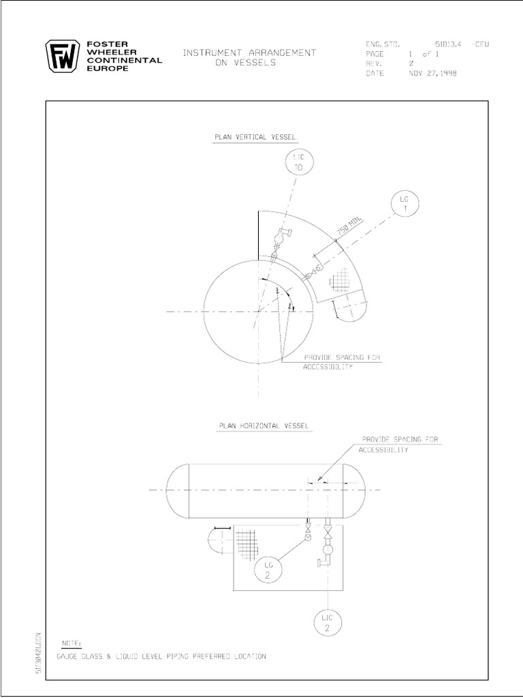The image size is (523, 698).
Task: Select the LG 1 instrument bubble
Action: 405,205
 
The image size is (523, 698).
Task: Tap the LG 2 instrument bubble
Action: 266,570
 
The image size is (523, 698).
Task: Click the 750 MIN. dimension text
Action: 351,225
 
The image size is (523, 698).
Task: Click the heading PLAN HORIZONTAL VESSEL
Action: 264,425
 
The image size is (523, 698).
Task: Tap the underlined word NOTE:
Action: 71,643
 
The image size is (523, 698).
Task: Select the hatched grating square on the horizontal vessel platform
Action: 249,545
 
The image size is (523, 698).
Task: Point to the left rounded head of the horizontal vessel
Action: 176,489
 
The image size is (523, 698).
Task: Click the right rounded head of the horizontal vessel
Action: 356,489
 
